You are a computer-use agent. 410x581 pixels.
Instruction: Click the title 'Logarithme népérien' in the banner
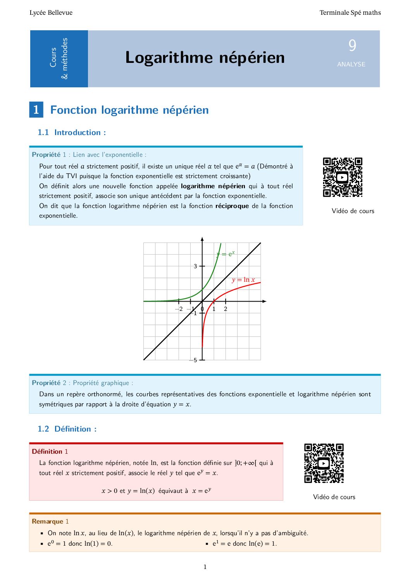[x=205, y=57]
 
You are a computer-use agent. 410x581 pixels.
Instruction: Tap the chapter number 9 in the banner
[x=352, y=46]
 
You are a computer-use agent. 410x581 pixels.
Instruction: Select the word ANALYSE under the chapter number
[x=351, y=64]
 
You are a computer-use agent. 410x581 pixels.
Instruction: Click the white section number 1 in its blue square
[x=36, y=110]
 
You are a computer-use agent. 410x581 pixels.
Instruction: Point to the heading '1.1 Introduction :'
[x=72, y=132]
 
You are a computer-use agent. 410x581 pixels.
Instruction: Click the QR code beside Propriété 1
[x=343, y=177]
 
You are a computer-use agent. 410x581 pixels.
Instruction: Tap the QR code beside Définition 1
[x=324, y=463]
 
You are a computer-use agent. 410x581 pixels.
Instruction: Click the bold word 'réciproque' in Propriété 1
[x=232, y=206]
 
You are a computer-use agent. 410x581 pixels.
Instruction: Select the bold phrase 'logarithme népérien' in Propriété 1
[x=213, y=186]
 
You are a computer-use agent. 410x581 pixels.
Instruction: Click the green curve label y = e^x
[x=226, y=254]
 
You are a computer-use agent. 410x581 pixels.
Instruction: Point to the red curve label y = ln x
[x=243, y=280]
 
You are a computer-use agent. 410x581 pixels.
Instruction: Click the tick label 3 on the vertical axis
[x=195, y=266]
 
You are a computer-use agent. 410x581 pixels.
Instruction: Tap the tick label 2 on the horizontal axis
[x=226, y=309]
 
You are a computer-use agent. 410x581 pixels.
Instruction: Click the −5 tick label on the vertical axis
[x=193, y=360]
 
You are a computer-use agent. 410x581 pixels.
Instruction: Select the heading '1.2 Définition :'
[x=67, y=429]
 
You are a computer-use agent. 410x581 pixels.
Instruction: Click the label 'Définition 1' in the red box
[x=50, y=451]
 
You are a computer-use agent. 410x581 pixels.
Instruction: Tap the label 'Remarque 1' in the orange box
[x=50, y=521]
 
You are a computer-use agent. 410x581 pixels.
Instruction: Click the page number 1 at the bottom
[x=205, y=567]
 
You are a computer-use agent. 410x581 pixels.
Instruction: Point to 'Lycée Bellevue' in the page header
[x=51, y=13]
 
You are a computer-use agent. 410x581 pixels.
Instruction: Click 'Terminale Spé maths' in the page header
[x=350, y=13]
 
